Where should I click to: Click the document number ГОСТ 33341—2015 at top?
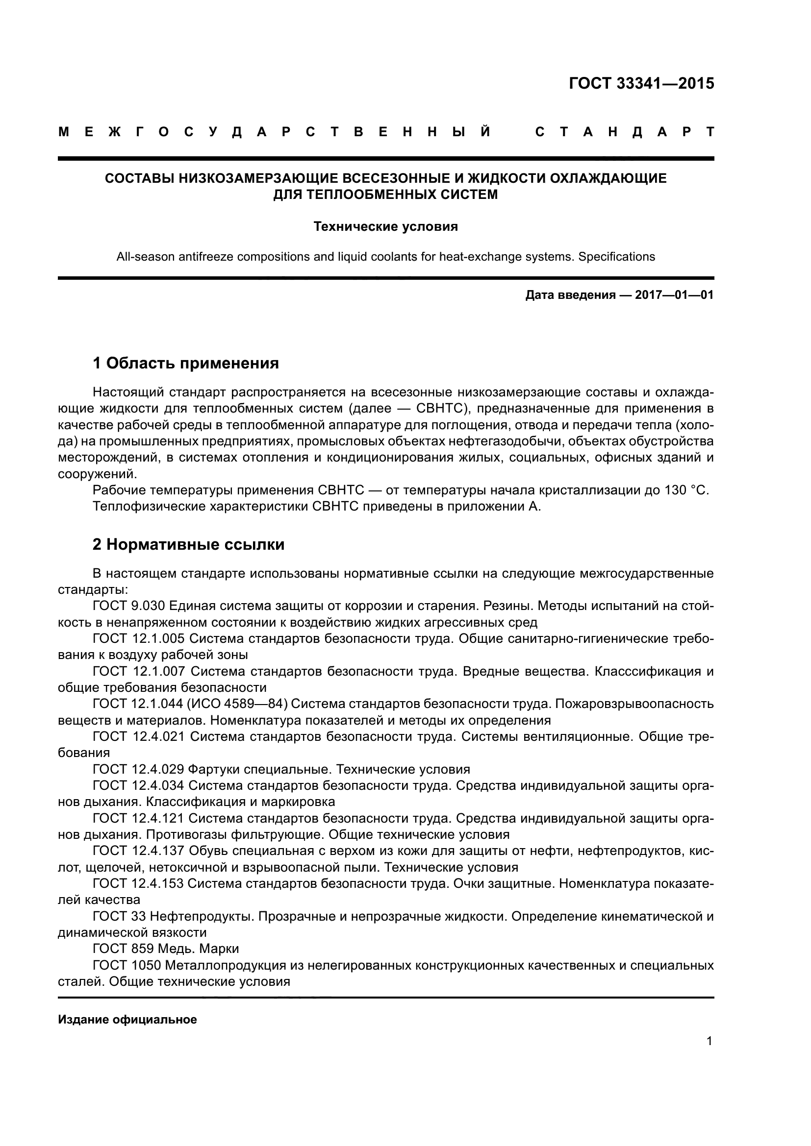point(641,83)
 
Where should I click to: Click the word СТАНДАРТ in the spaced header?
point(624,132)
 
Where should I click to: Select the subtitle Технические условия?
point(385,227)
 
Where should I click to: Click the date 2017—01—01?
point(674,295)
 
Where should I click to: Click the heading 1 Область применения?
point(186,363)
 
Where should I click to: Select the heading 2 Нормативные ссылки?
point(189,544)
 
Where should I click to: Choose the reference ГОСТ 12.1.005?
point(139,638)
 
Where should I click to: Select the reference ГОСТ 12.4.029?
point(139,769)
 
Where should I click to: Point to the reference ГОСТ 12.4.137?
point(139,850)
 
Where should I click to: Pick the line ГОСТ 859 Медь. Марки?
point(166,949)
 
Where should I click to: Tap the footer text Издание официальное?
point(127,1019)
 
